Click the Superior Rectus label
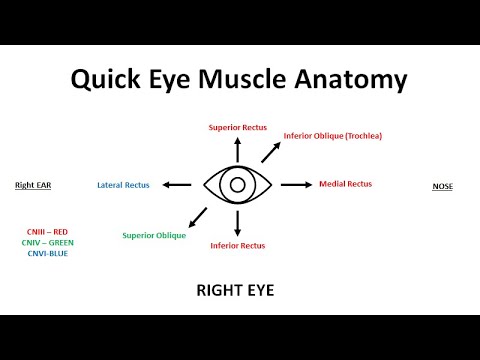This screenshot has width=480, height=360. (x=237, y=128)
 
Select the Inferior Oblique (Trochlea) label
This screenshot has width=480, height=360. (x=319, y=136)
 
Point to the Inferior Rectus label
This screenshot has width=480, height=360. (x=237, y=245)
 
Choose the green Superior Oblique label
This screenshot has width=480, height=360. (x=152, y=236)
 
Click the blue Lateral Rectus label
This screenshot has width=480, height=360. (x=125, y=185)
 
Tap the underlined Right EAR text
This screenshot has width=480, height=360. (x=33, y=185)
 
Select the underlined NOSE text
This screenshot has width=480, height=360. (x=442, y=186)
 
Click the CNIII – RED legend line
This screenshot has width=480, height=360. (x=48, y=232)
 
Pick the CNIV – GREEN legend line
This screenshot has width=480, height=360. (x=48, y=243)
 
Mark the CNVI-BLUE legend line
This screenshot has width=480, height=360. (x=48, y=254)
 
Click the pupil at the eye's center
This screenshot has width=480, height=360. (x=237, y=185)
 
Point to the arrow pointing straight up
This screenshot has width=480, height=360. (x=237, y=149)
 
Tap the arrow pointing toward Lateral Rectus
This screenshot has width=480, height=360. (x=178, y=185)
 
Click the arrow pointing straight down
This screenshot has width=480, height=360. (x=237, y=223)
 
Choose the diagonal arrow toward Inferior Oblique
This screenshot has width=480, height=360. (x=269, y=152)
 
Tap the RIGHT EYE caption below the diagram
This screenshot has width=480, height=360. (x=237, y=292)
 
